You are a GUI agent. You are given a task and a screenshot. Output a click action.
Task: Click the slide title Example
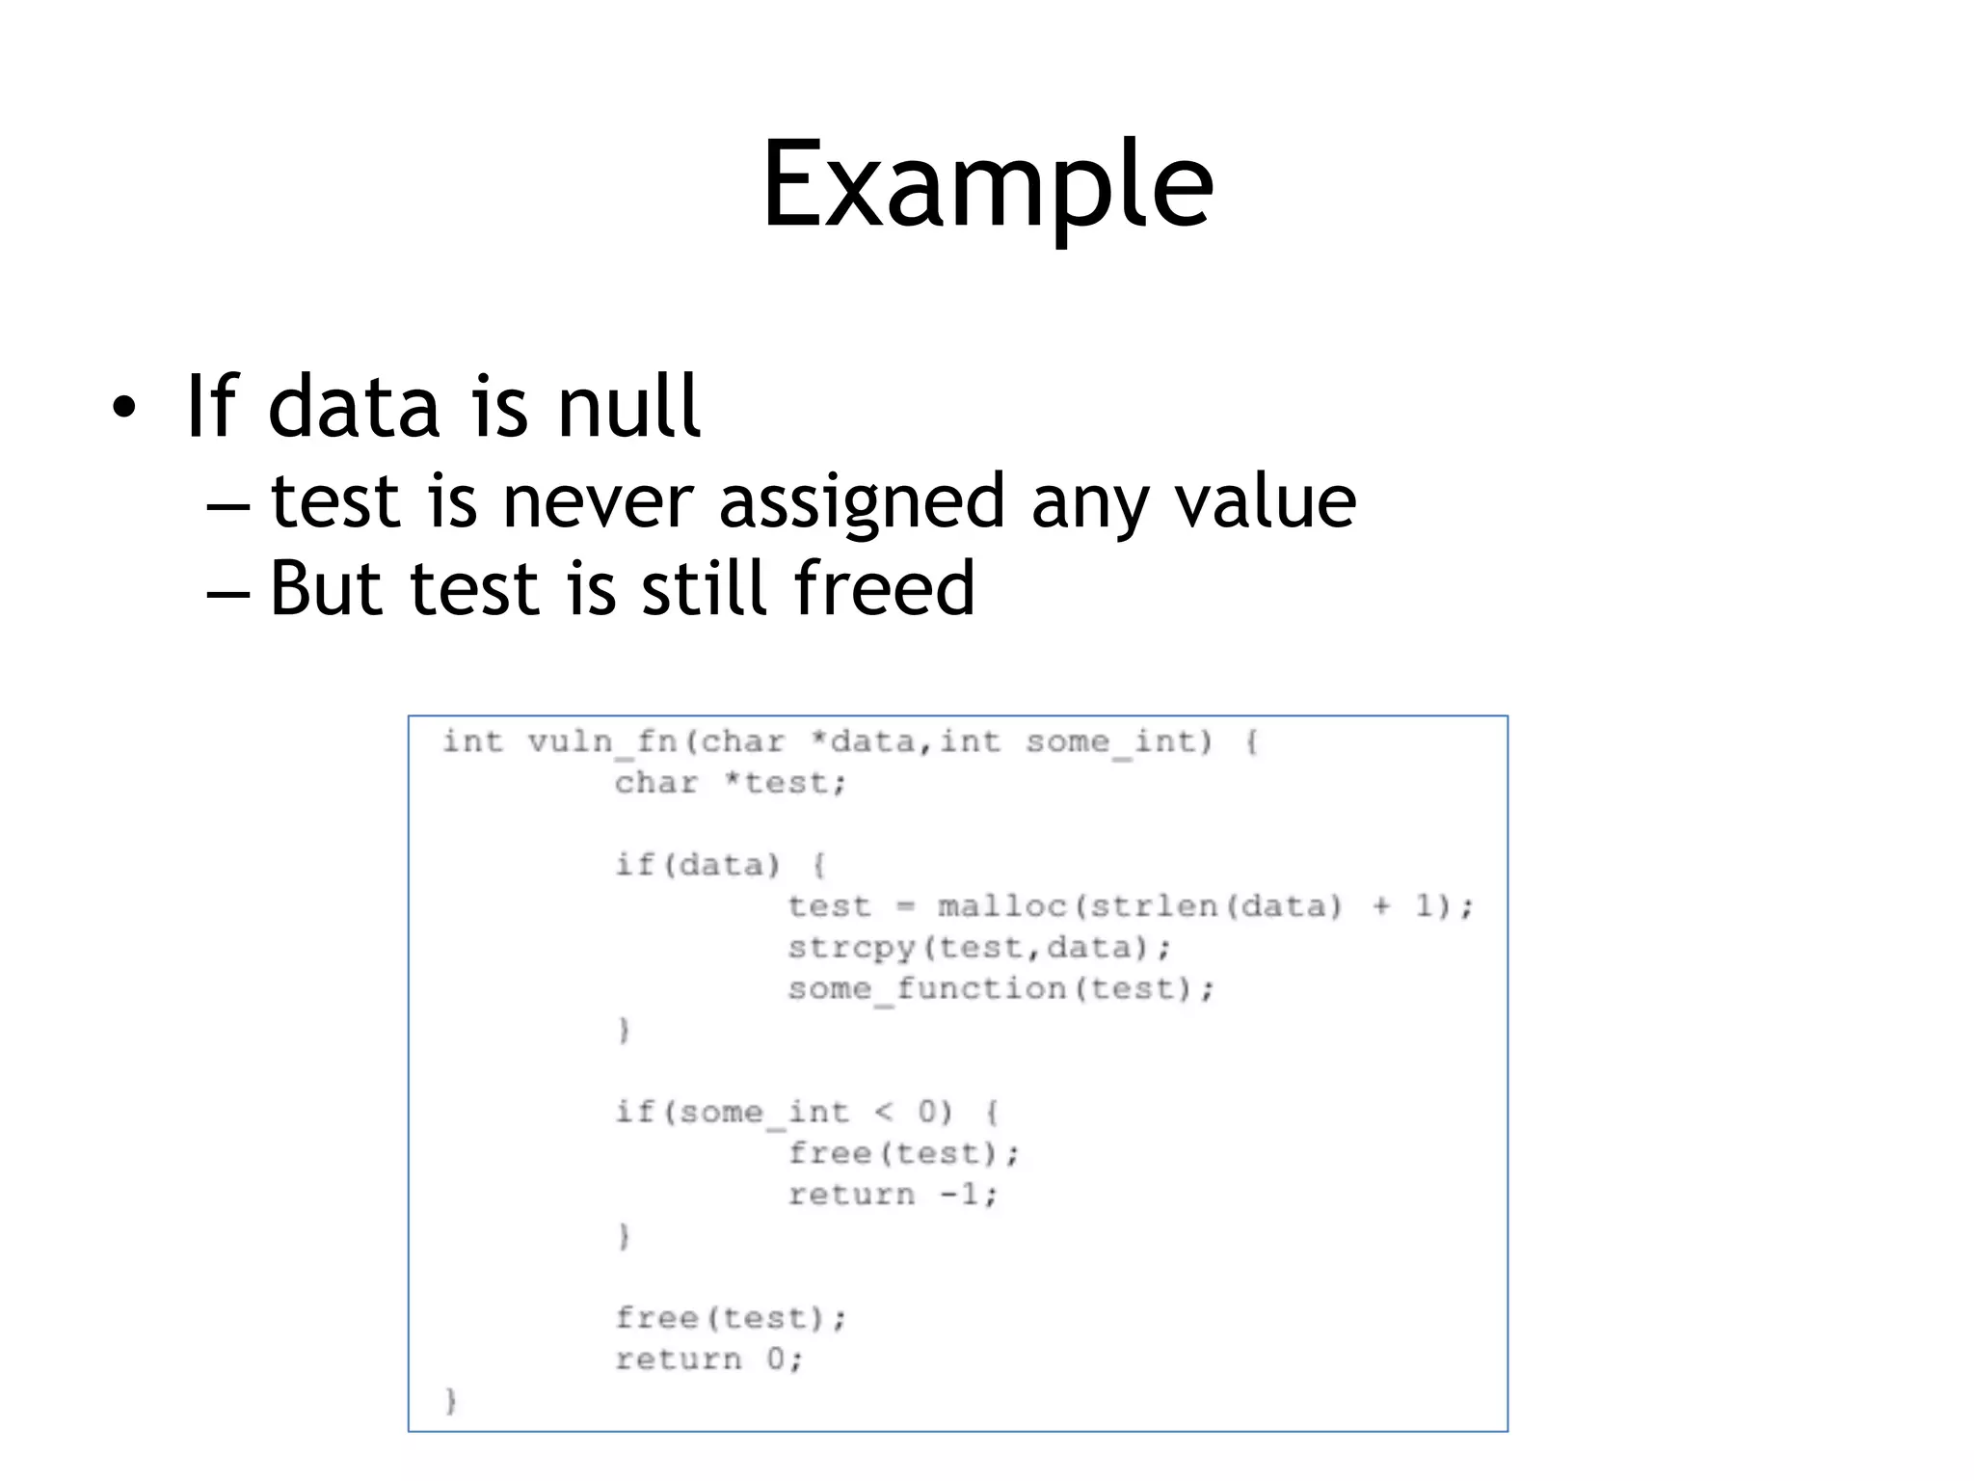[987, 185]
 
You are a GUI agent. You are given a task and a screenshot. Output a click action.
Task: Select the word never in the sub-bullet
[598, 501]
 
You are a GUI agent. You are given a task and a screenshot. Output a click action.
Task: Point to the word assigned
[863, 503]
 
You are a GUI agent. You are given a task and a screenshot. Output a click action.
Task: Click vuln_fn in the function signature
[602, 742]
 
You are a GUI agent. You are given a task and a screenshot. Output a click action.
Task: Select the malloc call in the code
[1002, 906]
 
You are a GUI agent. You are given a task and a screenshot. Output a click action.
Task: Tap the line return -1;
[893, 1196]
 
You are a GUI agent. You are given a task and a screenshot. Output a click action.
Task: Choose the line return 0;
[708, 1360]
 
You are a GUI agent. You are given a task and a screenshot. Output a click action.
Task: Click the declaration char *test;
[730, 783]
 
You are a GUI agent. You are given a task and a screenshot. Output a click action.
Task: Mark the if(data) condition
[698, 865]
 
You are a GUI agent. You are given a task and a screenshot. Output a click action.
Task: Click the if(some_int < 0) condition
[785, 1113]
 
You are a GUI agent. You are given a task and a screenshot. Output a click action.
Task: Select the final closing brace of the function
[450, 1400]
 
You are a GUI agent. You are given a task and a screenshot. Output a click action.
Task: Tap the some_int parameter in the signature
[1117, 742]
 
